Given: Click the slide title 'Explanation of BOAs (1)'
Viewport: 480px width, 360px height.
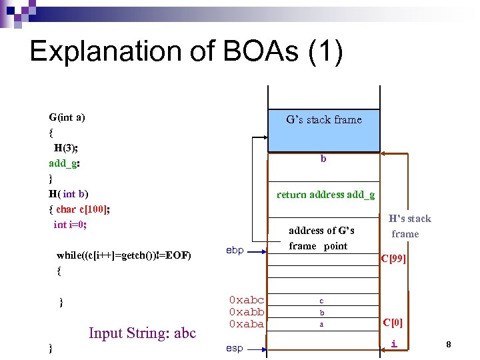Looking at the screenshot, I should [186, 52].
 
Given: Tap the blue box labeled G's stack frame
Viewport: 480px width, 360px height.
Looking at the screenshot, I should [323, 130].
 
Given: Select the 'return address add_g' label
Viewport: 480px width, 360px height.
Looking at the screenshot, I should [325, 195].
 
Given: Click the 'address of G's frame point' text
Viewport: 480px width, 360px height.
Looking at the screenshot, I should [321, 238].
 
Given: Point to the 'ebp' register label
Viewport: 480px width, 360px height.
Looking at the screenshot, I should [235, 250].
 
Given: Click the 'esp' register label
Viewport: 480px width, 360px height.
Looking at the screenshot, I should [234, 348].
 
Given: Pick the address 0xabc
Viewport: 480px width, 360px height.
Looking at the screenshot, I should [246, 300].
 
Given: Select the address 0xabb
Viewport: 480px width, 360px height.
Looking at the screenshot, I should [246, 312].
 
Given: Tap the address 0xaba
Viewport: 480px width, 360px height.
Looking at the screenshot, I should [246, 324].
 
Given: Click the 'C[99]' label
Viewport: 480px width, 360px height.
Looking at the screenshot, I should [393, 259].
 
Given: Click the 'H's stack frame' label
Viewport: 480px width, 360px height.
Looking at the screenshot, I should [409, 226].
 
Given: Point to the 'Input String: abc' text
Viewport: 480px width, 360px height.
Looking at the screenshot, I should [142, 333].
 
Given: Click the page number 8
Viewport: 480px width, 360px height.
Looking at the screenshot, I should [449, 345].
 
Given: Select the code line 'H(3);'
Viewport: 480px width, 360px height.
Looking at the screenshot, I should [67, 147].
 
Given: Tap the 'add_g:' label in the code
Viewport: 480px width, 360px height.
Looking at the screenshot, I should [65, 163].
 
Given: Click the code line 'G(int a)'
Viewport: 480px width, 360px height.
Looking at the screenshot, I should [67, 117].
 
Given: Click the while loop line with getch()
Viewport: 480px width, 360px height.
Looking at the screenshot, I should [124, 255].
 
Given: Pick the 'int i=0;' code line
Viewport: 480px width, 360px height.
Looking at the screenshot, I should [70, 225].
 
